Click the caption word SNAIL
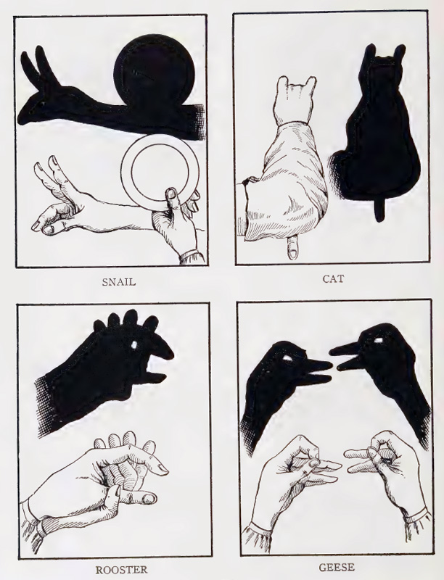pos(119,282)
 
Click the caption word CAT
pos(333,278)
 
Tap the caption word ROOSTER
pos(121,570)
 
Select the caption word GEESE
pos(337,567)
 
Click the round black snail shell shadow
pos(154,70)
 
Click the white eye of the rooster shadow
pos(134,345)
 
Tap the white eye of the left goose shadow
pos(287,358)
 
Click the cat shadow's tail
pos(379,210)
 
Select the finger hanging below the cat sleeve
pos(292,247)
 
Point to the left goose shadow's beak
pos(318,371)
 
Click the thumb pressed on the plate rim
pos(171,201)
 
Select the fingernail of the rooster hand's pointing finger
pos(163,468)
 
